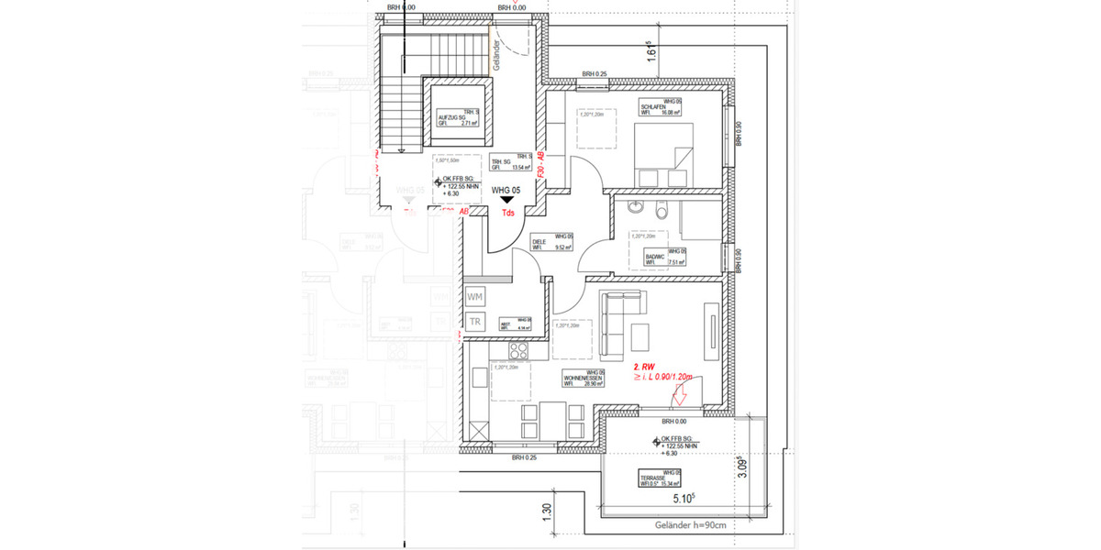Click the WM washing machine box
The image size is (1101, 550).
tap(475, 297)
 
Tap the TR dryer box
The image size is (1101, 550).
tap(475, 322)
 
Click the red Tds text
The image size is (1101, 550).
tap(506, 214)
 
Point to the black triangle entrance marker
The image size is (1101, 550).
tap(506, 200)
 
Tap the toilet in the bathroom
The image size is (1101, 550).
tap(661, 212)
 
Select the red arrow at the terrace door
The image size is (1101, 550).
tap(680, 396)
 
